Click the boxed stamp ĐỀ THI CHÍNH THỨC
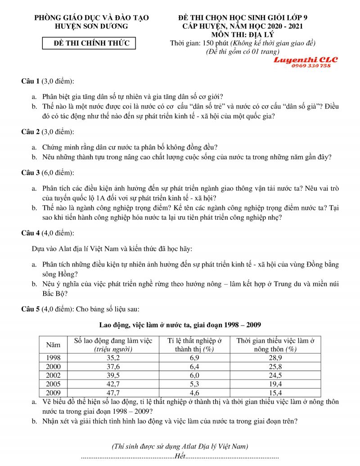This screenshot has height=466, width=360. pos(88,43)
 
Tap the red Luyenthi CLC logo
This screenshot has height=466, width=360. pos(306,59)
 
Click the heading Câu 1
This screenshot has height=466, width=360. pos(31,81)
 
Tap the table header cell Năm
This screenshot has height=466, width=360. pos(53,344)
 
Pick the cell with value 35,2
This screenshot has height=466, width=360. pos(113,357)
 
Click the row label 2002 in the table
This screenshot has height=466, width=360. pos(53,375)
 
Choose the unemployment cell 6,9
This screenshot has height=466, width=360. pos(195,357)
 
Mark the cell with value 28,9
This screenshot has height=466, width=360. pos(274,357)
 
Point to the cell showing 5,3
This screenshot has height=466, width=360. pos(195,384)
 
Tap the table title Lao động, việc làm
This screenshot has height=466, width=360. pos(180,325)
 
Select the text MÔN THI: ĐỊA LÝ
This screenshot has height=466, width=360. pos(243,35)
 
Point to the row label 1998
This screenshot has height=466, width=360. pos(53,357)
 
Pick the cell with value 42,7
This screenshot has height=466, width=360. pos(113,384)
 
